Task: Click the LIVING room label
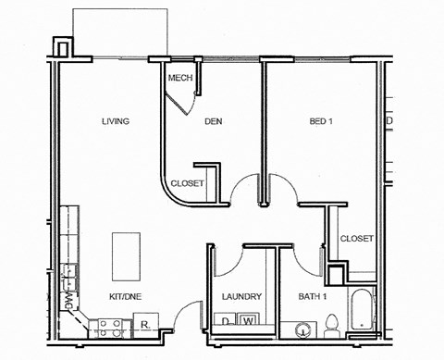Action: pyautogui.click(x=115, y=121)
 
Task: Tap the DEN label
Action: pyautogui.click(x=214, y=121)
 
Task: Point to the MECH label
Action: pyautogui.click(x=179, y=78)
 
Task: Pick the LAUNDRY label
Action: pyautogui.click(x=242, y=297)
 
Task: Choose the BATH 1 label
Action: pyautogui.click(x=313, y=297)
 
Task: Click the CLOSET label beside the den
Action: pyautogui.click(x=187, y=183)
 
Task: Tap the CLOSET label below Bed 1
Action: pyautogui.click(x=356, y=239)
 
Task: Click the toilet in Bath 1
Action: pyautogui.click(x=332, y=323)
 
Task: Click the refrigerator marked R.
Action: pyautogui.click(x=146, y=323)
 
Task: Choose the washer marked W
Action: pyautogui.click(x=248, y=322)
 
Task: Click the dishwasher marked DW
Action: pyautogui.click(x=69, y=300)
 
